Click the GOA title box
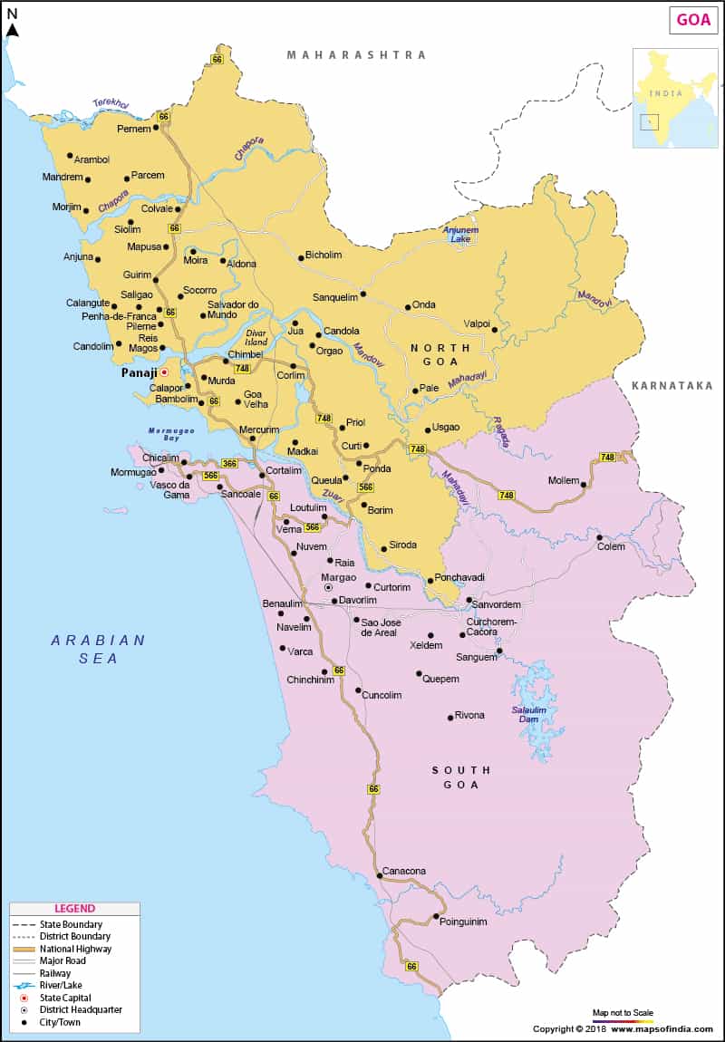click(693, 20)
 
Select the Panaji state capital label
click(140, 372)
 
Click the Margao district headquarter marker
click(328, 587)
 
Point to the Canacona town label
click(404, 871)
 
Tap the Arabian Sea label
click(98, 649)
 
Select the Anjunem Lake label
click(459, 235)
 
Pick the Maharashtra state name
click(356, 55)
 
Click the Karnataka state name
click(672, 385)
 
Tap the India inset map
click(674, 98)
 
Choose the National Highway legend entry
click(75, 948)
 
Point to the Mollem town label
click(563, 480)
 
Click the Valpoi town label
click(477, 323)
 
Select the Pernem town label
click(133, 129)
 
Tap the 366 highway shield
click(229, 463)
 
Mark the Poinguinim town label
click(463, 921)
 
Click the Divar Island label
click(257, 337)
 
